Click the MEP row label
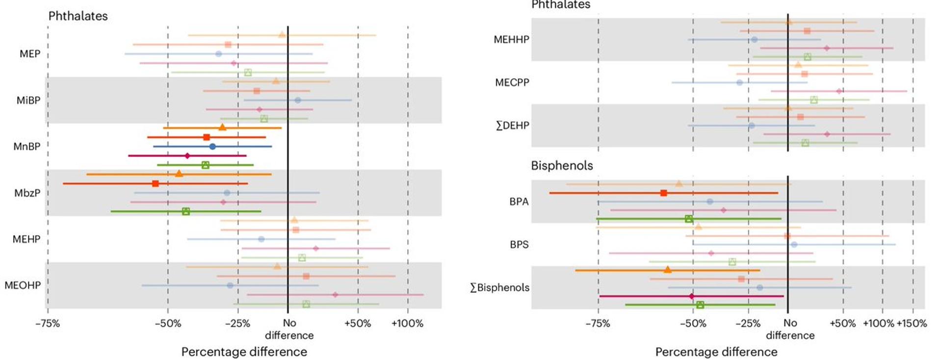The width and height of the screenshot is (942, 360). pyautogui.click(x=30, y=54)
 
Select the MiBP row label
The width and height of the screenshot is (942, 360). pyautogui.click(x=28, y=101)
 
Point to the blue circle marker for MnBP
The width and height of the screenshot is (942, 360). pyautogui.click(x=212, y=147)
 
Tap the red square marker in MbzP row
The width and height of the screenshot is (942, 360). pyautogui.click(x=156, y=184)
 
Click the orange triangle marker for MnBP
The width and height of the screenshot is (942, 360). pyautogui.click(x=222, y=128)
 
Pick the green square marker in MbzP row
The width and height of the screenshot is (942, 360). pyautogui.click(x=186, y=211)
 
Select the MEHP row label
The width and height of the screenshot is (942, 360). pyautogui.click(x=26, y=239)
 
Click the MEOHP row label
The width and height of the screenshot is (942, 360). pyautogui.click(x=23, y=285)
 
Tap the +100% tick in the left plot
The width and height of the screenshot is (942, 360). pyautogui.click(x=407, y=324)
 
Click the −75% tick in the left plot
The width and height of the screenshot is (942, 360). pyautogui.click(x=48, y=324)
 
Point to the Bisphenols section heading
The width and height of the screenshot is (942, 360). pyautogui.click(x=562, y=166)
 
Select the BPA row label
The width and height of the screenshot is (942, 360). pyautogui.click(x=519, y=202)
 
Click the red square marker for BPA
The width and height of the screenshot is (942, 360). pyautogui.click(x=664, y=193)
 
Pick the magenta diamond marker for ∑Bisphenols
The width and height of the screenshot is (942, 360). pyautogui.click(x=692, y=296)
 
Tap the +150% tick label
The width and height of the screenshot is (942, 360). pyautogui.click(x=912, y=324)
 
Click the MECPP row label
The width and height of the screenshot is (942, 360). pyautogui.click(x=512, y=82)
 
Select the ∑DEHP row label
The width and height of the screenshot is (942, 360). pyautogui.click(x=512, y=126)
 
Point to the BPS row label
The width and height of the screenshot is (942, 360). pyautogui.click(x=519, y=245)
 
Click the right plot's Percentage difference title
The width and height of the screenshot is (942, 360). pyautogui.click(x=716, y=352)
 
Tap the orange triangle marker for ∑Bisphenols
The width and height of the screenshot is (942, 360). pyautogui.click(x=668, y=270)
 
